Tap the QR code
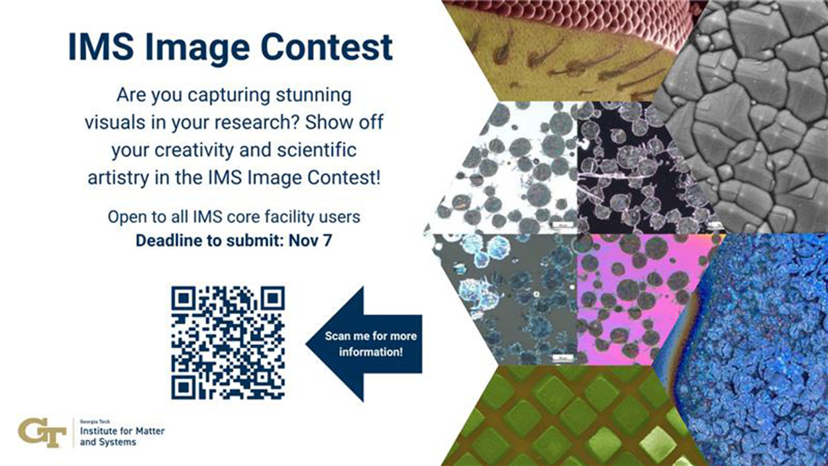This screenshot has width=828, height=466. (x=228, y=342)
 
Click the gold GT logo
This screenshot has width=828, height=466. (x=42, y=433)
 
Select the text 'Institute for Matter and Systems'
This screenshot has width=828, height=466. (x=122, y=436)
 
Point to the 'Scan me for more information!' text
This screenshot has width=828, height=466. (x=370, y=343)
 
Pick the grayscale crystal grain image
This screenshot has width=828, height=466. (x=749, y=119)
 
